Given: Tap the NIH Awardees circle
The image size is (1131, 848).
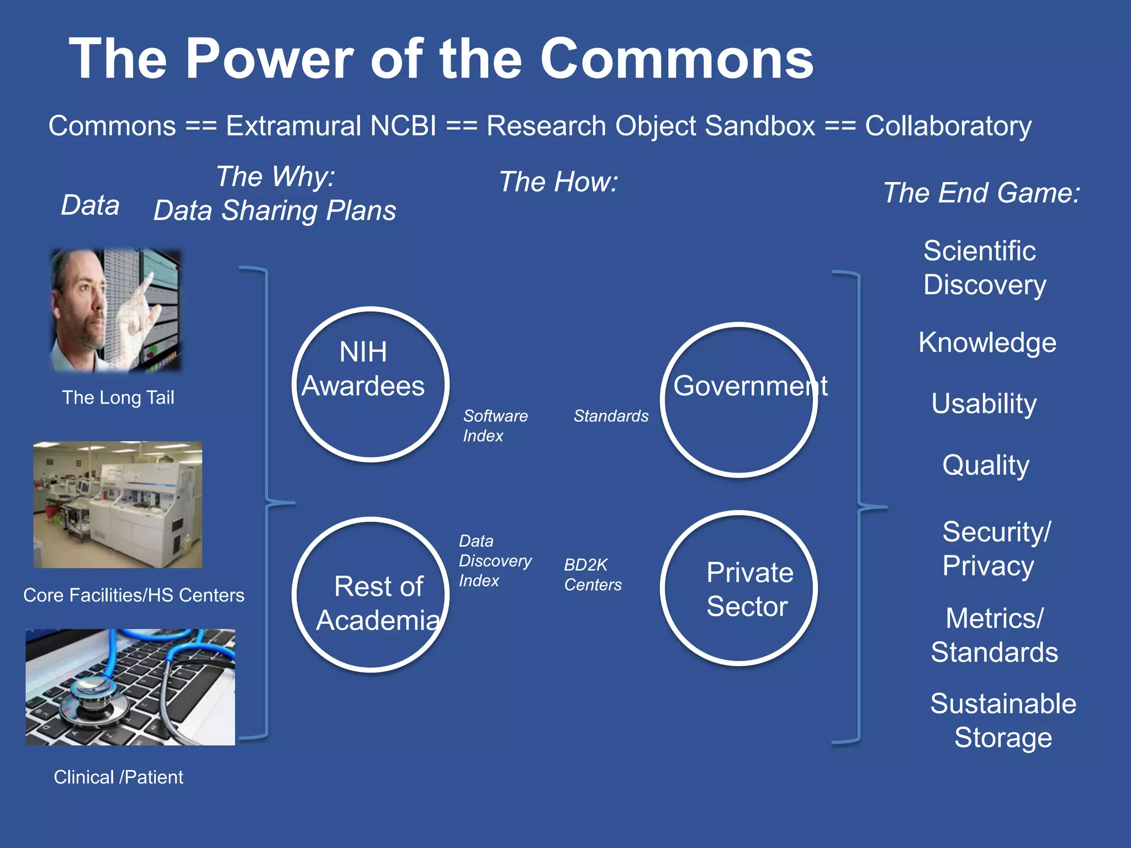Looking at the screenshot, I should (371, 384).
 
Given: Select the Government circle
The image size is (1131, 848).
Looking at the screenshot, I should (739, 400).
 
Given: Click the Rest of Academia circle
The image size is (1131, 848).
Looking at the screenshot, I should (371, 595).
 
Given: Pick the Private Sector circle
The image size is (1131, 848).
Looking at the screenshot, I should (739, 589).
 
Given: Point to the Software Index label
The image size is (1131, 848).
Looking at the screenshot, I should (495, 426).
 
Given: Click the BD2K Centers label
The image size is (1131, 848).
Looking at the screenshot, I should (593, 575).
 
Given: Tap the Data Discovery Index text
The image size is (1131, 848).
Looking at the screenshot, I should (494, 561).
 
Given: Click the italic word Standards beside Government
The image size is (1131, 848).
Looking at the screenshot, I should (611, 416).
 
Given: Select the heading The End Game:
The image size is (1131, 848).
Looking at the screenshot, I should (981, 193).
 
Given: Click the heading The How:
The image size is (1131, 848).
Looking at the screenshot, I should (558, 182).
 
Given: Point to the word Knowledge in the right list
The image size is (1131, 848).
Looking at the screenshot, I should (987, 342).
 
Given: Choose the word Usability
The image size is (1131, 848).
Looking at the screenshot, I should (984, 404).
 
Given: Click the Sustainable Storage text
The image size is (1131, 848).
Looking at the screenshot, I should (1003, 720).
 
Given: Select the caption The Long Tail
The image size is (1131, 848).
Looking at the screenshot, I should (118, 397).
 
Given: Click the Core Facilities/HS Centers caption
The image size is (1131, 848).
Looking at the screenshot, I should (134, 595).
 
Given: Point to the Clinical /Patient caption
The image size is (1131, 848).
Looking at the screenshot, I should (118, 777).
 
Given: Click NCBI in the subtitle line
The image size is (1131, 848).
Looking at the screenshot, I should (403, 126).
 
